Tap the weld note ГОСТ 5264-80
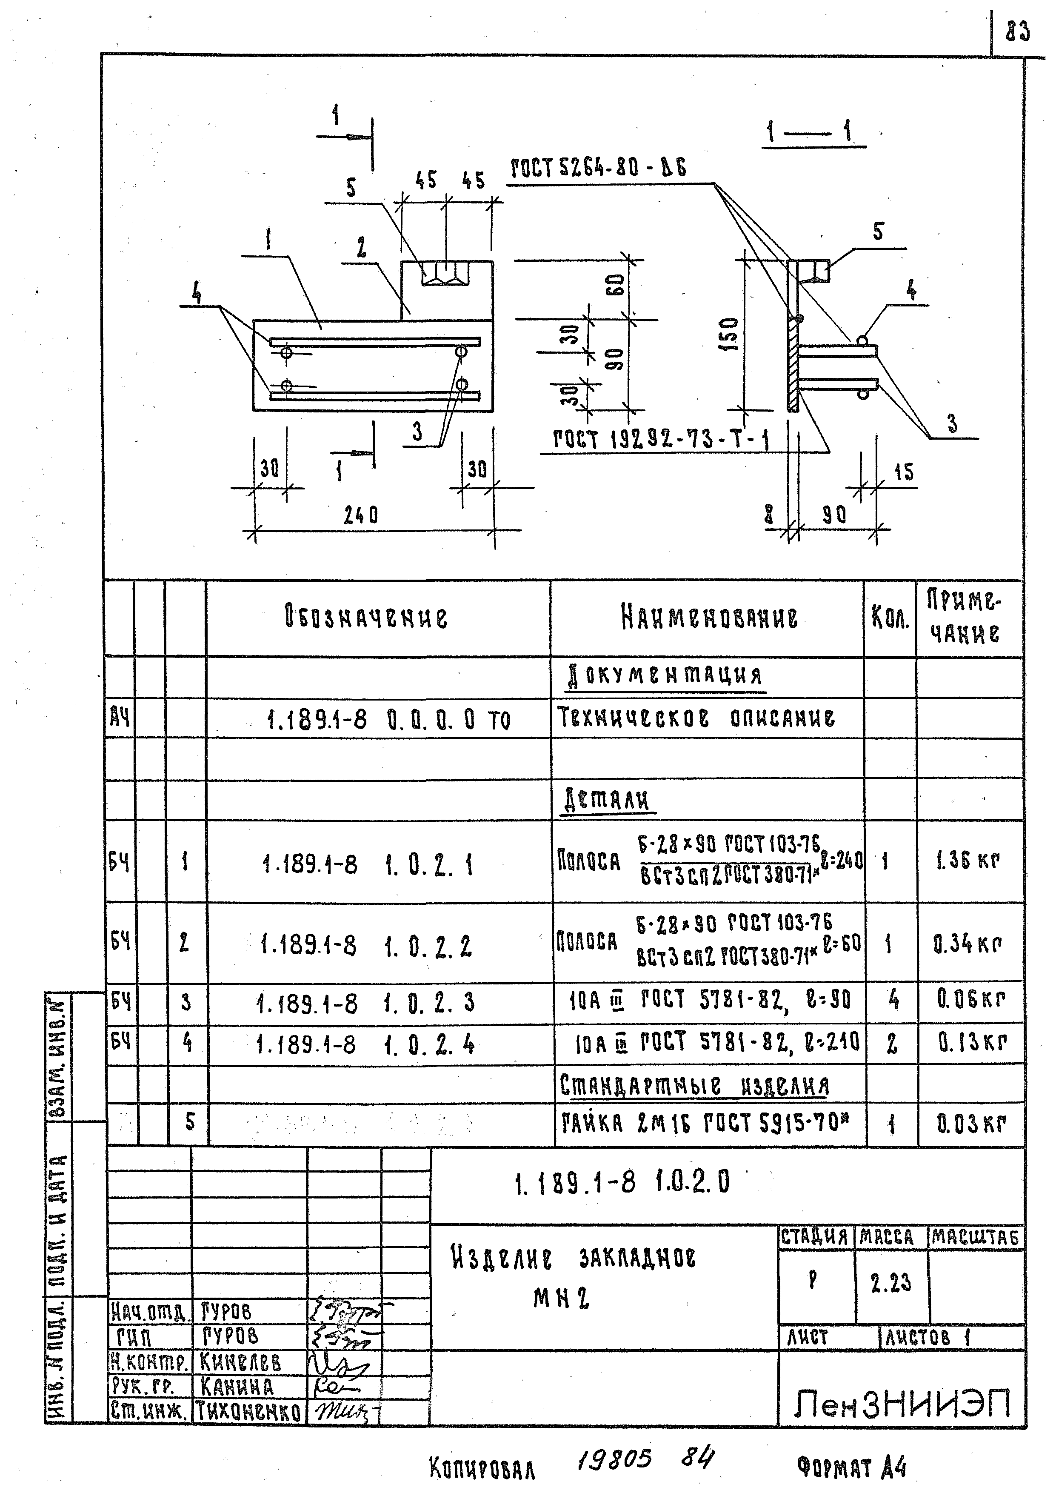click(x=598, y=169)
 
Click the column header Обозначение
click(x=366, y=616)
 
